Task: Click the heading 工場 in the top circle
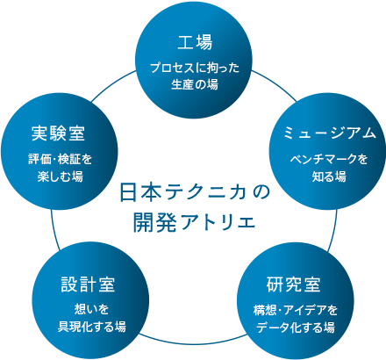coord(195,42)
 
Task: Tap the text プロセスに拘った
coord(195,68)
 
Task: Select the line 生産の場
coord(195,84)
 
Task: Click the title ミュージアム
coord(330,133)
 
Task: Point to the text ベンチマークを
coord(329,160)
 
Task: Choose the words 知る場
coord(329,176)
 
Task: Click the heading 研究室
coord(294,284)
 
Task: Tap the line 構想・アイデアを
coord(296,310)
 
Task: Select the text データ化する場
coord(296,328)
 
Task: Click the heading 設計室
coord(88,284)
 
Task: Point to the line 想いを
coord(91,309)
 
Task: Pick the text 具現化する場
coord(92,326)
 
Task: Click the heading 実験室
coord(58,133)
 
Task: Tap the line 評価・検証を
coord(61,160)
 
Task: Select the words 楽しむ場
coord(61,176)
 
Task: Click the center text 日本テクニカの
coord(195,192)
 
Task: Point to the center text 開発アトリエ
coord(195,222)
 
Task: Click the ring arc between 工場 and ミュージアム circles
coord(275,84)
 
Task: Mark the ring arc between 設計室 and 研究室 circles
coord(193,343)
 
